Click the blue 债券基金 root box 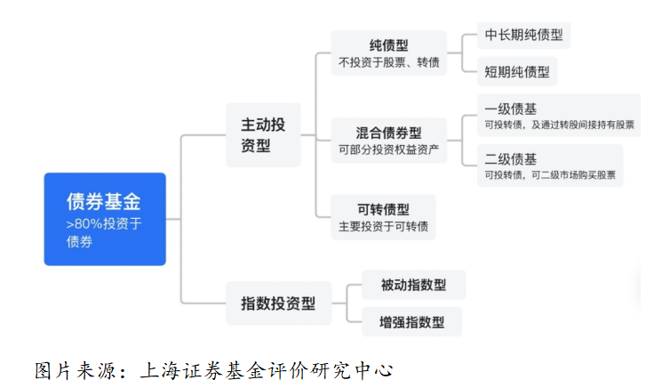point(105,219)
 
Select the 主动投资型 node point(263,134)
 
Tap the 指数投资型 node point(278,303)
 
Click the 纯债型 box point(388,53)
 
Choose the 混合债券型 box point(388,141)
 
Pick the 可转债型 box point(383,217)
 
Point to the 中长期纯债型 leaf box point(524,36)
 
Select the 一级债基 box point(558,116)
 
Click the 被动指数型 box point(413,285)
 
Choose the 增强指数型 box point(411,321)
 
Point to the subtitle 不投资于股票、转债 point(388,63)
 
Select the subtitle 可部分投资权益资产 point(388,151)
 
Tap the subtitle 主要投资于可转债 point(383,227)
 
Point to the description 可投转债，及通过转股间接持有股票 point(559,125)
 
